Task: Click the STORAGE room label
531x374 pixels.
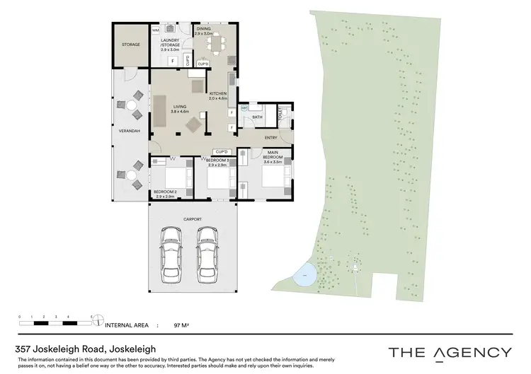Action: pos(131,45)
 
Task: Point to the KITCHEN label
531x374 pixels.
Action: pos(217,95)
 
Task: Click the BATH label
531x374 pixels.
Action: pos(257,118)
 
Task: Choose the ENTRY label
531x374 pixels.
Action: pos(270,137)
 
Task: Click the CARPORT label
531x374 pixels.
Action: pos(193,220)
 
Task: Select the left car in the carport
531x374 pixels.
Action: pos(172,254)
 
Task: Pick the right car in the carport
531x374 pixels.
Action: pos(207,254)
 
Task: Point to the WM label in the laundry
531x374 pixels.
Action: pos(156,31)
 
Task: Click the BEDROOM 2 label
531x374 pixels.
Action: pos(164,192)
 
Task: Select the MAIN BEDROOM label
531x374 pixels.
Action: pos(273,156)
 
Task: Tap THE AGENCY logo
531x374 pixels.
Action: pos(450,352)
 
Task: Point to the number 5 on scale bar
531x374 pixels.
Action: pos(91,316)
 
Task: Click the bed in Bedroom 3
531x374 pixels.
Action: pos(219,180)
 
